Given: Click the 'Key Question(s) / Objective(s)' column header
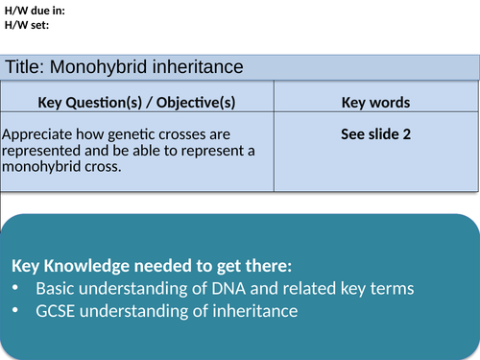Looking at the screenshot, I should pyautogui.click(x=136, y=103).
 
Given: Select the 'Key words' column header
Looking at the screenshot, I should pyautogui.click(x=375, y=103).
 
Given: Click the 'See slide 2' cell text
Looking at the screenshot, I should pyautogui.click(x=375, y=134).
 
